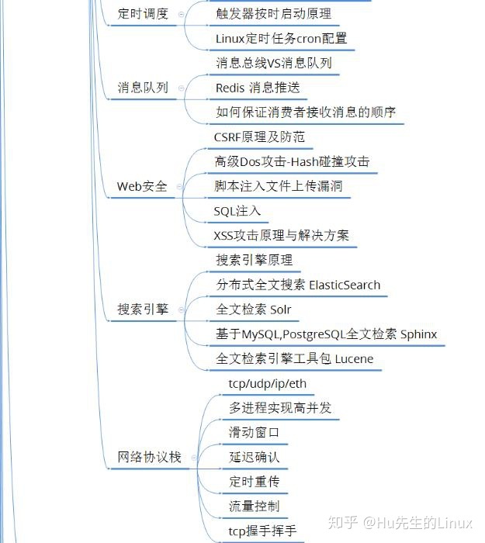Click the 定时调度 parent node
[143, 14]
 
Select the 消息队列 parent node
[143, 88]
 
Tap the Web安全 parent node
[142, 186]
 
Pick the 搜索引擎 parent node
[143, 310]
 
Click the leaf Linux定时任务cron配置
[281, 38]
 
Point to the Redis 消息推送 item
[258, 88]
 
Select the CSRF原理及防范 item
[259, 137]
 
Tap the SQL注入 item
[237, 211]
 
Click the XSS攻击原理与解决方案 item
[282, 235]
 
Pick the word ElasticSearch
[345, 285]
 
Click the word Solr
[281, 310]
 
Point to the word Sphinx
[418, 334]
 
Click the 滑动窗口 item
[254, 432]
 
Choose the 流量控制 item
[254, 506]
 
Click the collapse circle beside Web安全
[181, 187]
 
